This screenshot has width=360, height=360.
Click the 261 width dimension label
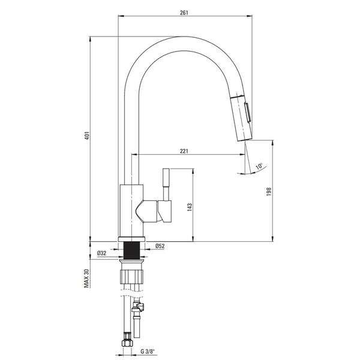tap(184, 13)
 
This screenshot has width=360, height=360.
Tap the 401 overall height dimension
tap(86, 136)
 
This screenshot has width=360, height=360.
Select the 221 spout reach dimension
tap(184, 151)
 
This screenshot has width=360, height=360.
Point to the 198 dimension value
tap(269, 191)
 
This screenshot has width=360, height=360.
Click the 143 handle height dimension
tap(190, 207)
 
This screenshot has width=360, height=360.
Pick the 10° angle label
tap(259, 166)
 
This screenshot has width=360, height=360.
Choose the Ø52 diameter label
tap(160, 246)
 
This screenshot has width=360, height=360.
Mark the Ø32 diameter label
tap(102, 253)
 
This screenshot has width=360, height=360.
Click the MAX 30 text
tap(86, 278)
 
